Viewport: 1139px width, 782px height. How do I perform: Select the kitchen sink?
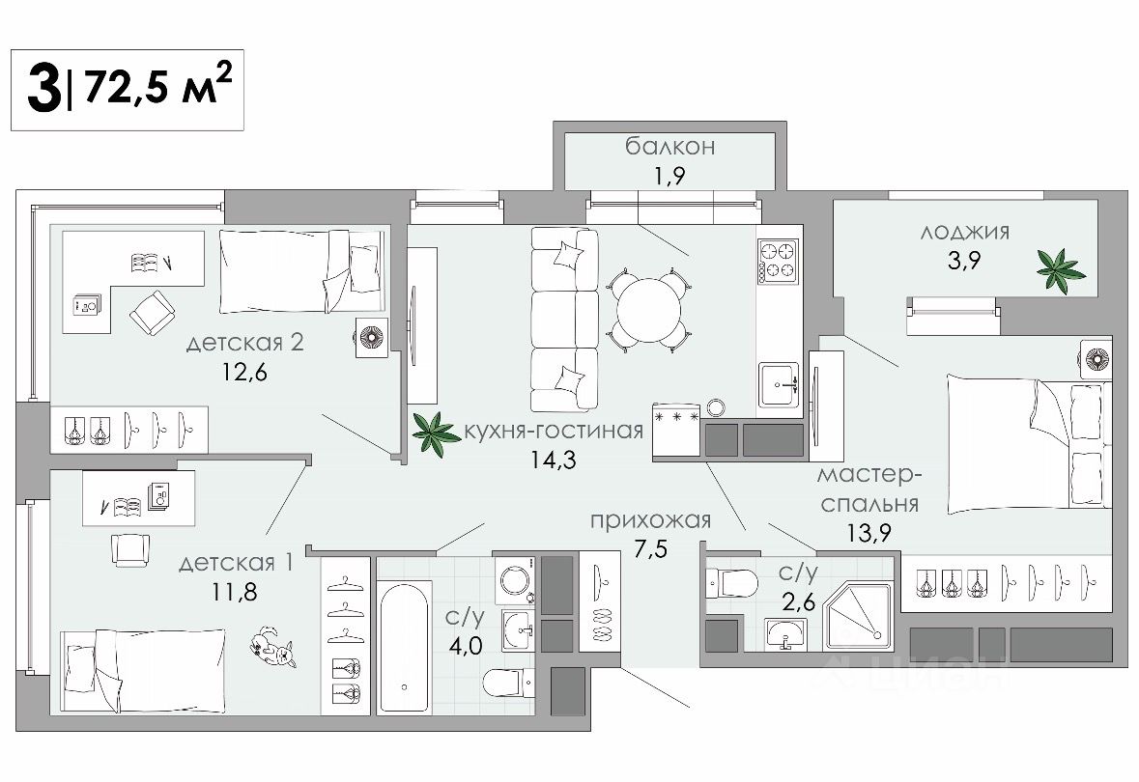click(x=779, y=383)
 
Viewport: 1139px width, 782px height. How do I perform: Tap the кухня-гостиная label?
click(x=554, y=431)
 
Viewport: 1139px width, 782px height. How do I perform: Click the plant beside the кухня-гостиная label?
click(x=436, y=433)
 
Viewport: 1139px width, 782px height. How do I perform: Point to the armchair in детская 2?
click(x=152, y=313)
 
